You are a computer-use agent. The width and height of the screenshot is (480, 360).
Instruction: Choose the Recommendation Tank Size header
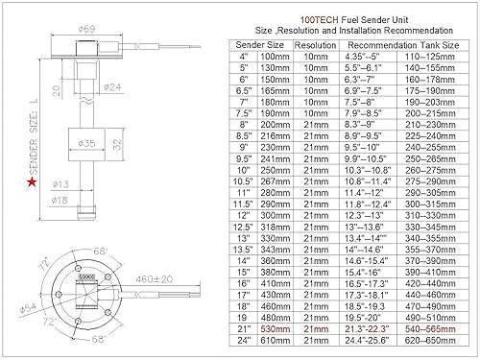click(x=399, y=44)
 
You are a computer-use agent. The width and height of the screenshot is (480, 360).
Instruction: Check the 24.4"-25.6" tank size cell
click(x=366, y=341)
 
